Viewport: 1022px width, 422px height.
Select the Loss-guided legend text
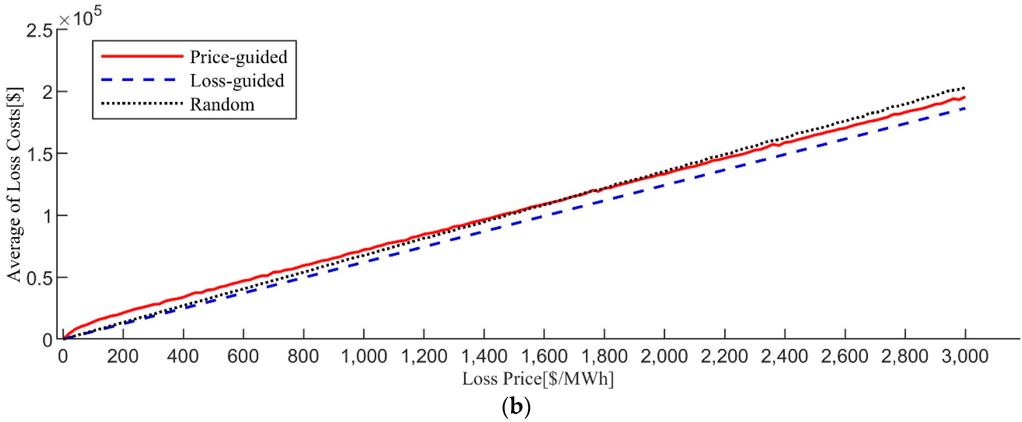coord(237,81)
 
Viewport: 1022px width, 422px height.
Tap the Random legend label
coord(222,104)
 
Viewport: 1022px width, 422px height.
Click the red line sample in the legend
coord(142,56)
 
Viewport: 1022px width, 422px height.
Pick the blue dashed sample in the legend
coord(142,80)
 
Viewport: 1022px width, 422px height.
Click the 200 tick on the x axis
coord(123,356)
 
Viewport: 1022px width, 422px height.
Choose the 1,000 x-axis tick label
coord(364,356)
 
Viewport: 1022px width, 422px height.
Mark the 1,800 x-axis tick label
coord(604,356)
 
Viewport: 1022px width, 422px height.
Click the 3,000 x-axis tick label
coord(965,356)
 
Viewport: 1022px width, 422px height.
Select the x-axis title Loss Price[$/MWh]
coord(538,379)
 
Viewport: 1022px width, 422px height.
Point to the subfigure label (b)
coord(516,408)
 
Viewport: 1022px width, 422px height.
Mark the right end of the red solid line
coord(965,97)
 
